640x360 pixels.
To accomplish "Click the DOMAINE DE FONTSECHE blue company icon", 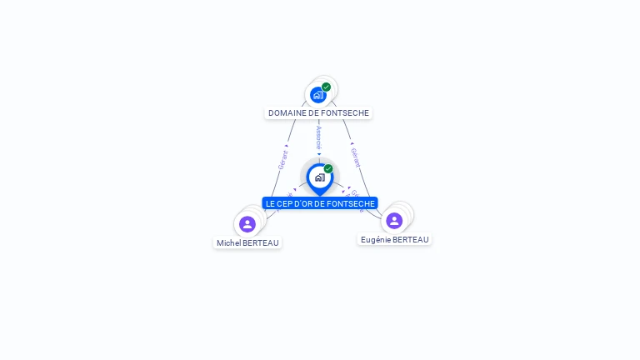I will pyautogui.click(x=317, y=95).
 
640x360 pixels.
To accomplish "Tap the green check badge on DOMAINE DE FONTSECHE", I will pyautogui.click(x=327, y=87).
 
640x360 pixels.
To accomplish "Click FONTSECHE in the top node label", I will pyautogui.click(x=347, y=113).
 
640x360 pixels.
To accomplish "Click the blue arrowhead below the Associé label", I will pyautogui.click(x=319, y=153).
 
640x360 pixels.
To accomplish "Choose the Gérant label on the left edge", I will pyautogui.click(x=282, y=159).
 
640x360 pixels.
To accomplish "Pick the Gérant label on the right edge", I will pyautogui.click(x=356, y=157).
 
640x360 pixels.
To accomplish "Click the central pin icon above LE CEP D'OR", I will pyautogui.click(x=319, y=177).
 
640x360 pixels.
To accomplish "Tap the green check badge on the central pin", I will pyautogui.click(x=328, y=169).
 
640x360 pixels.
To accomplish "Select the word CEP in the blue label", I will pyautogui.click(x=286, y=203).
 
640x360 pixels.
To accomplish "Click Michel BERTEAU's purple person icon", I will pyautogui.click(x=247, y=224).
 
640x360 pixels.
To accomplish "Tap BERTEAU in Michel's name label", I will pyautogui.click(x=261, y=243).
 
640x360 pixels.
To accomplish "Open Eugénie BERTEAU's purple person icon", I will pyautogui.click(x=394, y=221).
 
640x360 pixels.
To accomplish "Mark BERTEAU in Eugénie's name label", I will pyautogui.click(x=411, y=240).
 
